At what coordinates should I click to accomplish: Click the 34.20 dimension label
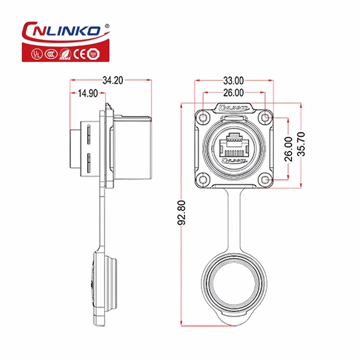click(113, 81)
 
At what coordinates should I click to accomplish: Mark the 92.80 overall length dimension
click(182, 213)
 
